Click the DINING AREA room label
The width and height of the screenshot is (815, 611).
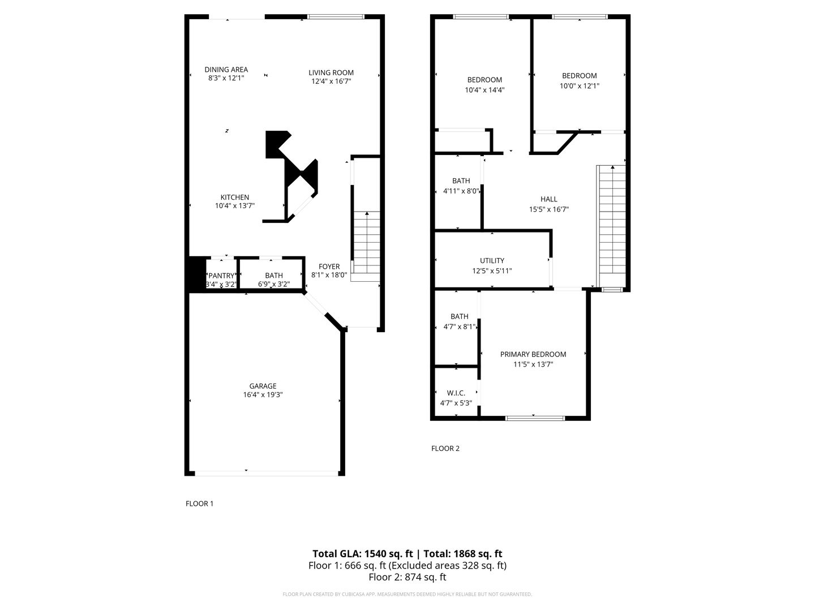pyautogui.click(x=226, y=70)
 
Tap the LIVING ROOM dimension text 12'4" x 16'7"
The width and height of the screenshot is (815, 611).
pyautogui.click(x=331, y=81)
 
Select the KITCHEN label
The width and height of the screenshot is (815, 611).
pyautogui.click(x=235, y=197)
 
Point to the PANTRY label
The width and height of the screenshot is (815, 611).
pyautogui.click(x=221, y=276)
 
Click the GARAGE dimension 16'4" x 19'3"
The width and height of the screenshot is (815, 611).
pyautogui.click(x=263, y=395)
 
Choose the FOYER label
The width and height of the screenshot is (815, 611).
pyautogui.click(x=329, y=266)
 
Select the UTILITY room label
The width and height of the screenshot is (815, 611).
pyautogui.click(x=492, y=261)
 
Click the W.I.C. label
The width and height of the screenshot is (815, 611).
pyautogui.click(x=456, y=393)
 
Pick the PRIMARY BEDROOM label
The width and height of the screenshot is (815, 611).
pyautogui.click(x=533, y=354)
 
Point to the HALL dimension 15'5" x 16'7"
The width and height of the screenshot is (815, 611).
pyautogui.click(x=549, y=209)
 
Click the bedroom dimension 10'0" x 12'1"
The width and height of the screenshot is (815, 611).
pyautogui.click(x=579, y=86)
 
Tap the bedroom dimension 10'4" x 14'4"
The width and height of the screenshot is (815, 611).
pyautogui.click(x=484, y=90)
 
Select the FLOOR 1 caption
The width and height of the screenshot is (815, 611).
pyautogui.click(x=199, y=504)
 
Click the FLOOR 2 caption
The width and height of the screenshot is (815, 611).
pyautogui.click(x=445, y=449)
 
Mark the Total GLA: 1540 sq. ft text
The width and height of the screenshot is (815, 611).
pyautogui.click(x=362, y=554)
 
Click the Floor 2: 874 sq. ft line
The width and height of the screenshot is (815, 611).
pyautogui.click(x=407, y=577)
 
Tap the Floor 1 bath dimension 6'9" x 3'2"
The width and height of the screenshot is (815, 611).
pyautogui.click(x=274, y=285)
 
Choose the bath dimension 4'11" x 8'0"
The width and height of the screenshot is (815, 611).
pyautogui.click(x=461, y=191)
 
